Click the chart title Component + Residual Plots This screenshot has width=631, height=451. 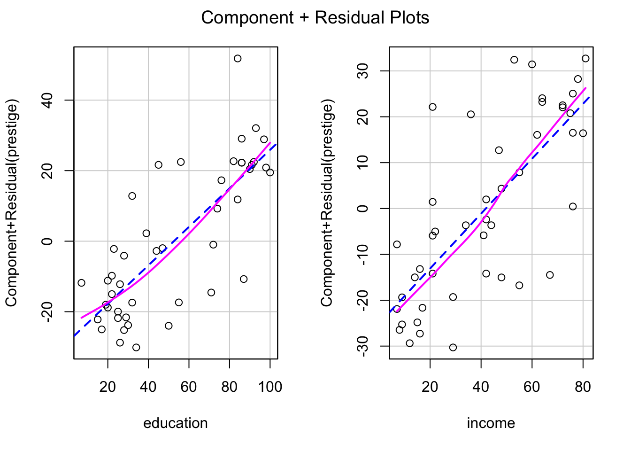[x=315, y=18]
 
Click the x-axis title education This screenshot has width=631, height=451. [x=175, y=423]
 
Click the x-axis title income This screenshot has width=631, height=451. [x=491, y=423]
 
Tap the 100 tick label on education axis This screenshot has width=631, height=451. [x=270, y=387]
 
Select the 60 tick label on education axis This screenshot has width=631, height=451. [x=189, y=387]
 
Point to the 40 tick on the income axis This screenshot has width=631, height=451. [x=481, y=387]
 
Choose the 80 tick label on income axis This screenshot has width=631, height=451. [x=583, y=387]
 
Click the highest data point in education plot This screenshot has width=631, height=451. [x=238, y=59]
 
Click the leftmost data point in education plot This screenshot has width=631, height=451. [x=81, y=283]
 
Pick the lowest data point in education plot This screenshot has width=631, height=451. [x=136, y=348]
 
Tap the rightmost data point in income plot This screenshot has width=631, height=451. [x=585, y=59]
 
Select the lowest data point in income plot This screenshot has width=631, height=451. [x=453, y=348]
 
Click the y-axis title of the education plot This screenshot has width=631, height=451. [x=11, y=202]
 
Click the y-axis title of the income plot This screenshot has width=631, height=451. [x=327, y=202]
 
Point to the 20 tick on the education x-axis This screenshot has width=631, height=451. [x=108, y=387]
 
